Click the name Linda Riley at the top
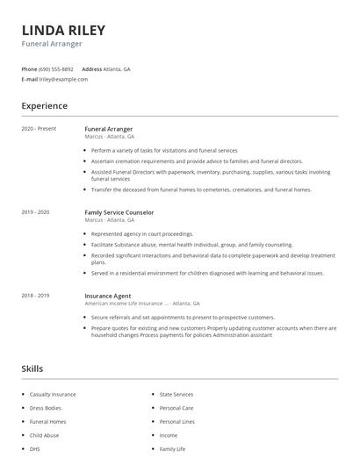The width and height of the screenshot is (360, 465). click(63, 30)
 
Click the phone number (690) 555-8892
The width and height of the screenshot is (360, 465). click(57, 68)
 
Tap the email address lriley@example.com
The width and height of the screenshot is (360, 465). click(64, 79)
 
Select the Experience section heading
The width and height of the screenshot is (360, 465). click(45, 106)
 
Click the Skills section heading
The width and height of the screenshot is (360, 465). click(32, 368)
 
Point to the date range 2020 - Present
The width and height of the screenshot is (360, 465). click(39, 129)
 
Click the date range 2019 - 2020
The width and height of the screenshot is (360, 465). click(35, 212)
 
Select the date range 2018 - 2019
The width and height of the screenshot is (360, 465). click(35, 296)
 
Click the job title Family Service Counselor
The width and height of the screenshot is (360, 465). click(119, 212)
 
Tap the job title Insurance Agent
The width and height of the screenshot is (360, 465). click(109, 296)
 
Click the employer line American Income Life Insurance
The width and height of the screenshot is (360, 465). click(126, 303)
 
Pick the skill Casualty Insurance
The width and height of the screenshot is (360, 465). click(53, 395)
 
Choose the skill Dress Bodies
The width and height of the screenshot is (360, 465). click(46, 408)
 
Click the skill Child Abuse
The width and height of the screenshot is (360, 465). click(44, 435)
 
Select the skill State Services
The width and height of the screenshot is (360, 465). click(176, 395)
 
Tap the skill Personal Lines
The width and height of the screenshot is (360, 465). click(176, 422)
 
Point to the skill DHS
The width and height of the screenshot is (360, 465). click(35, 449)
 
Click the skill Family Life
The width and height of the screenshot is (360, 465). click(172, 449)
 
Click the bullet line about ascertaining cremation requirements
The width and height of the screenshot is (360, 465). click(184, 161)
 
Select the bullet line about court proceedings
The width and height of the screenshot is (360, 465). click(141, 234)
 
